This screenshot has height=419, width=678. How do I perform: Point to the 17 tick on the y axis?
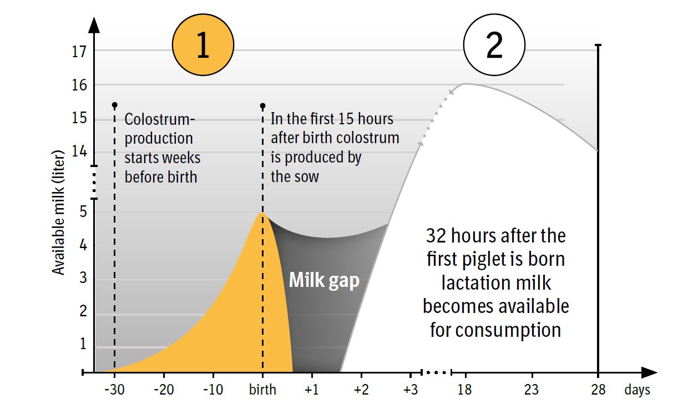click(79, 52)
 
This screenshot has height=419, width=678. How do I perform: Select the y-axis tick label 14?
click(79, 153)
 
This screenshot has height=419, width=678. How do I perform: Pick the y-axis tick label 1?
click(83, 344)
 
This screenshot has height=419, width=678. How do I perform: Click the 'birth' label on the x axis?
click(262, 390)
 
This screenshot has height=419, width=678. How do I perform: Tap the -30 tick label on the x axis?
click(114, 390)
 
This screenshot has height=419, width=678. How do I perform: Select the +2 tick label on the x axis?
click(361, 390)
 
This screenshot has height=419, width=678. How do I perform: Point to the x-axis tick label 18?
click(464, 390)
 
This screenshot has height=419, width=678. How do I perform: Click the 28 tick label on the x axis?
click(598, 390)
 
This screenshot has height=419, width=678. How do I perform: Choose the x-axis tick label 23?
click(531, 390)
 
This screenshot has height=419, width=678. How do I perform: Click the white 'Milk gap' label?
click(324, 280)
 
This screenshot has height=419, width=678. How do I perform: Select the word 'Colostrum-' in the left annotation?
click(160, 119)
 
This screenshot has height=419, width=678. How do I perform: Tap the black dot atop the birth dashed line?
click(263, 105)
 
